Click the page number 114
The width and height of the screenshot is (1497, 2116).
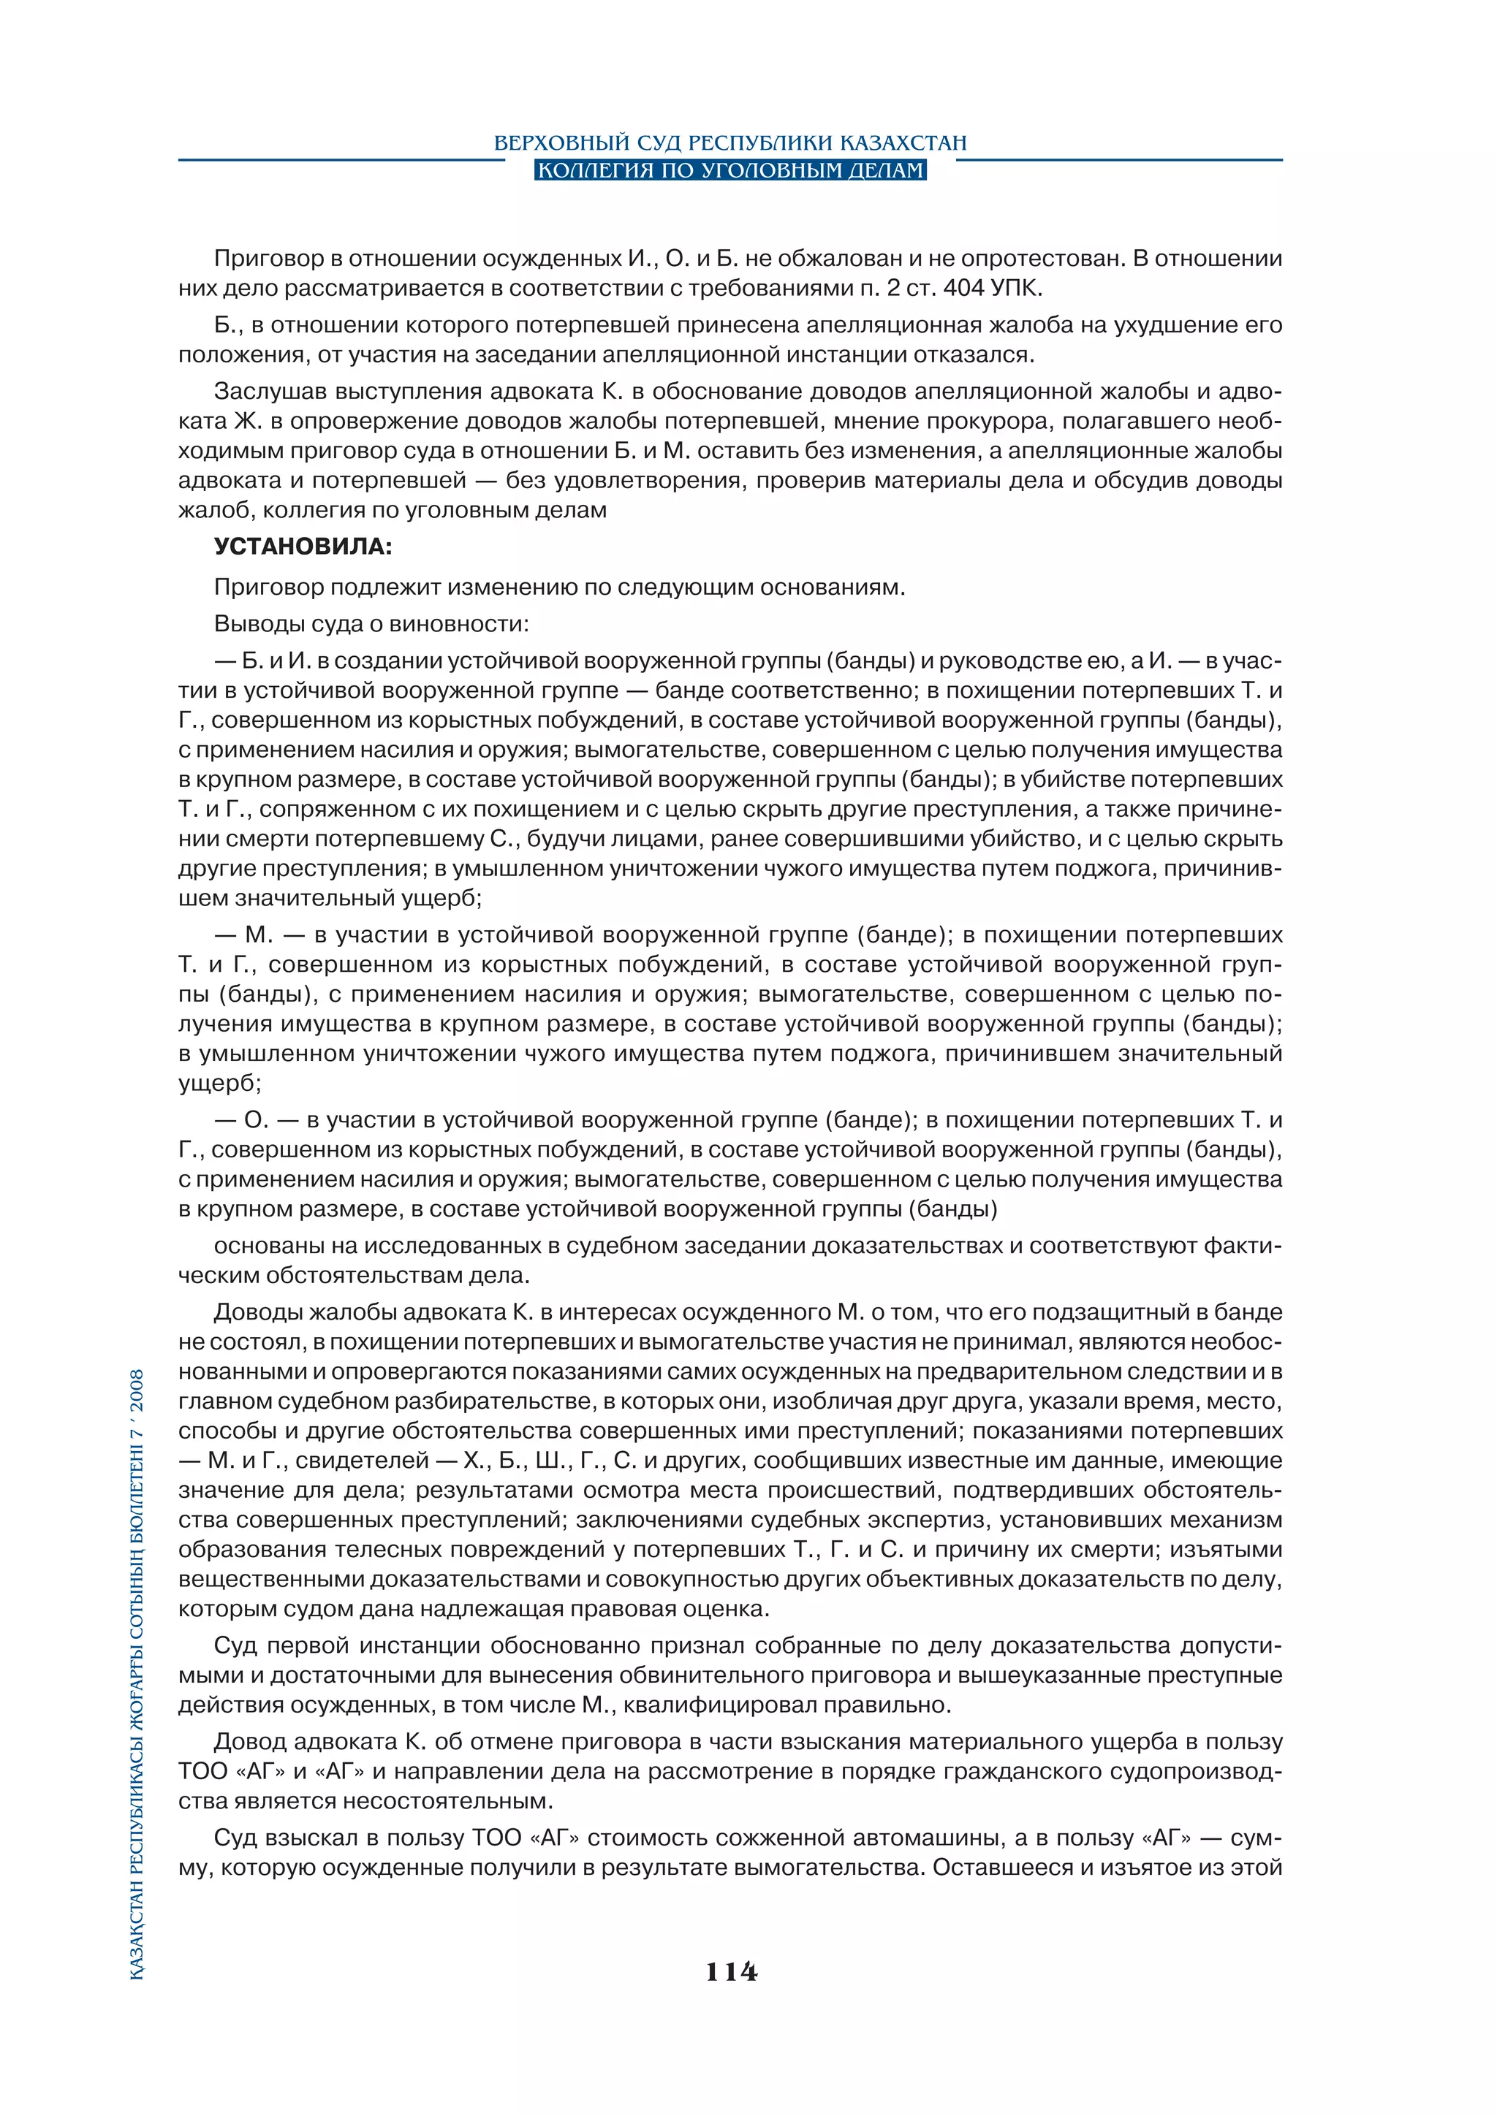click(x=731, y=1971)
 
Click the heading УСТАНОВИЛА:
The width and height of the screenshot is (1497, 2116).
click(x=303, y=547)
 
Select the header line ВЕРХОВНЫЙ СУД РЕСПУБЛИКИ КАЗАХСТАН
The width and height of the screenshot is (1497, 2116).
click(x=730, y=143)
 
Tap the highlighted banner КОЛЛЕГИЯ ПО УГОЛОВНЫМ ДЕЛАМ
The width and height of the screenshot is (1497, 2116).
click(x=730, y=170)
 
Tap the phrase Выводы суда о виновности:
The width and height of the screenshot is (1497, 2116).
click(x=371, y=624)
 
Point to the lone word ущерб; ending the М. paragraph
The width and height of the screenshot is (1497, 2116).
click(x=219, y=1083)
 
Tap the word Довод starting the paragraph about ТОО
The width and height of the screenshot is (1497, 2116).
click(x=250, y=1742)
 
